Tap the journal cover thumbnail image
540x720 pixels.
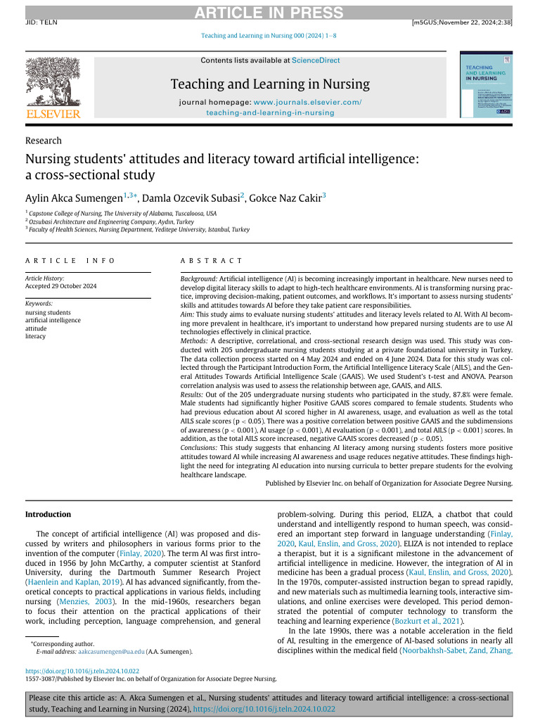[485, 86]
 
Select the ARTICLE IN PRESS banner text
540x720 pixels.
[269, 13]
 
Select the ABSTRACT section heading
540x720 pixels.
[212, 260]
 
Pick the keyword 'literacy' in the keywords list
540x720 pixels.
[35, 336]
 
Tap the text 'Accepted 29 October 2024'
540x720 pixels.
[61, 286]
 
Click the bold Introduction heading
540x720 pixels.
[48, 515]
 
